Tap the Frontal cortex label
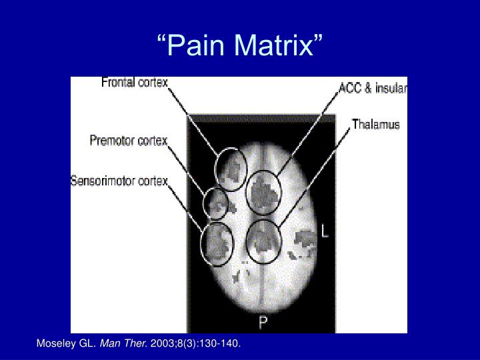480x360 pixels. click(135, 83)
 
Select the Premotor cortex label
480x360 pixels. click(129, 141)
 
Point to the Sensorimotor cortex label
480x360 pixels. click(119, 181)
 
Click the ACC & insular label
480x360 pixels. click(373, 88)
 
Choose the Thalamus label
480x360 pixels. click(376, 124)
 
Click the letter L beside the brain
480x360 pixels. click(325, 232)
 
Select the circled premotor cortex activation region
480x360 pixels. click(215, 203)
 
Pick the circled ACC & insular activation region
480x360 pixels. click(263, 193)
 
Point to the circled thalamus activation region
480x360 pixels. click(263, 240)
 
